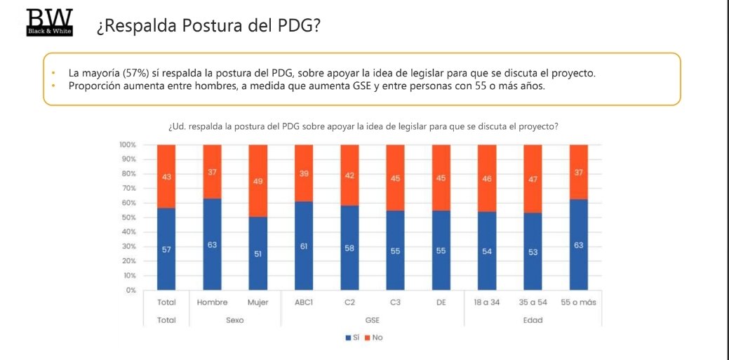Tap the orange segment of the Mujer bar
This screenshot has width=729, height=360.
tap(258, 181)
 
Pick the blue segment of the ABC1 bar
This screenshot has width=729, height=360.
tap(304, 246)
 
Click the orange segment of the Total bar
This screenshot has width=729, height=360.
tap(166, 176)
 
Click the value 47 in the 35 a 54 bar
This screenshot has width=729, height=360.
tap(533, 180)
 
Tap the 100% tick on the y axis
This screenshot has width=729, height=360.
tap(128, 145)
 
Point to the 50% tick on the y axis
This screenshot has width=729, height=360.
tap(128, 218)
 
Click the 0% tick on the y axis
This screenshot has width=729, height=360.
tap(131, 290)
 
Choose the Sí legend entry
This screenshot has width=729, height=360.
tap(352, 338)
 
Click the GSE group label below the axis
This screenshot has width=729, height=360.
tap(373, 320)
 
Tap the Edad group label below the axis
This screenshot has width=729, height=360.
tap(533, 320)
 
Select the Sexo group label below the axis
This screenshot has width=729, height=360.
tap(235, 320)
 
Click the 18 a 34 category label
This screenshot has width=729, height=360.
tap(487, 302)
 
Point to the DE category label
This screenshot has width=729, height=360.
tap(441, 302)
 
